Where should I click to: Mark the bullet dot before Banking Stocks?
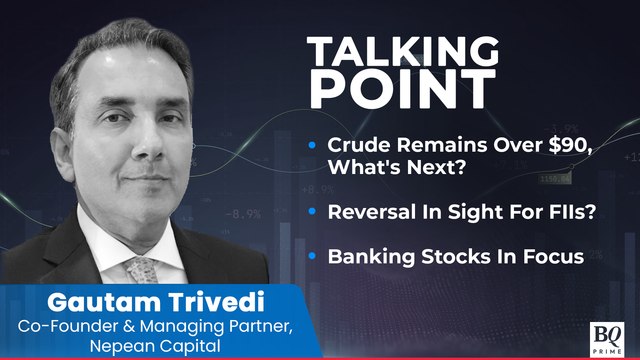(315, 257)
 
